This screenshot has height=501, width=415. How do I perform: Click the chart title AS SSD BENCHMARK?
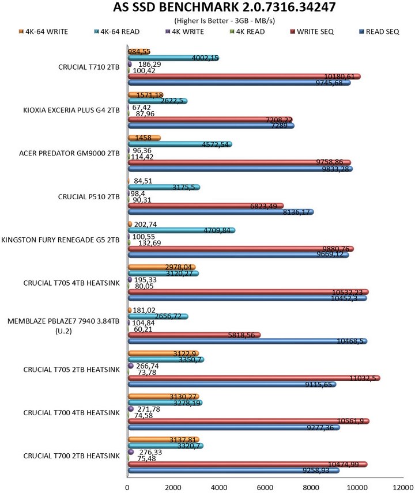point(207,8)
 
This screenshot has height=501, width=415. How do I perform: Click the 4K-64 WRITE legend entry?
point(43,32)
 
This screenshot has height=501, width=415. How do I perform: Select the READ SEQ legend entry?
point(381,32)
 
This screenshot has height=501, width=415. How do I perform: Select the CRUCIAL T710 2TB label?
point(89,67)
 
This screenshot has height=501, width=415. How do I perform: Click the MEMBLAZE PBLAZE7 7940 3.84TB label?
point(63,326)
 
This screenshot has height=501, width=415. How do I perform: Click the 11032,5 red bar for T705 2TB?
point(254,378)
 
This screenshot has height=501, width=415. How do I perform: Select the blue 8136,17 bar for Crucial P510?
point(219,212)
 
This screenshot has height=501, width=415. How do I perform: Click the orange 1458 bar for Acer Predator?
point(144,138)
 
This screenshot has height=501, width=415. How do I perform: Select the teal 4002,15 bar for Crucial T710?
point(173,58)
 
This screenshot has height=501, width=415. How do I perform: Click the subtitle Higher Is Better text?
point(207,21)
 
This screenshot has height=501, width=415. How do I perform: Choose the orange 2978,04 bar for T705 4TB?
point(161,267)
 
